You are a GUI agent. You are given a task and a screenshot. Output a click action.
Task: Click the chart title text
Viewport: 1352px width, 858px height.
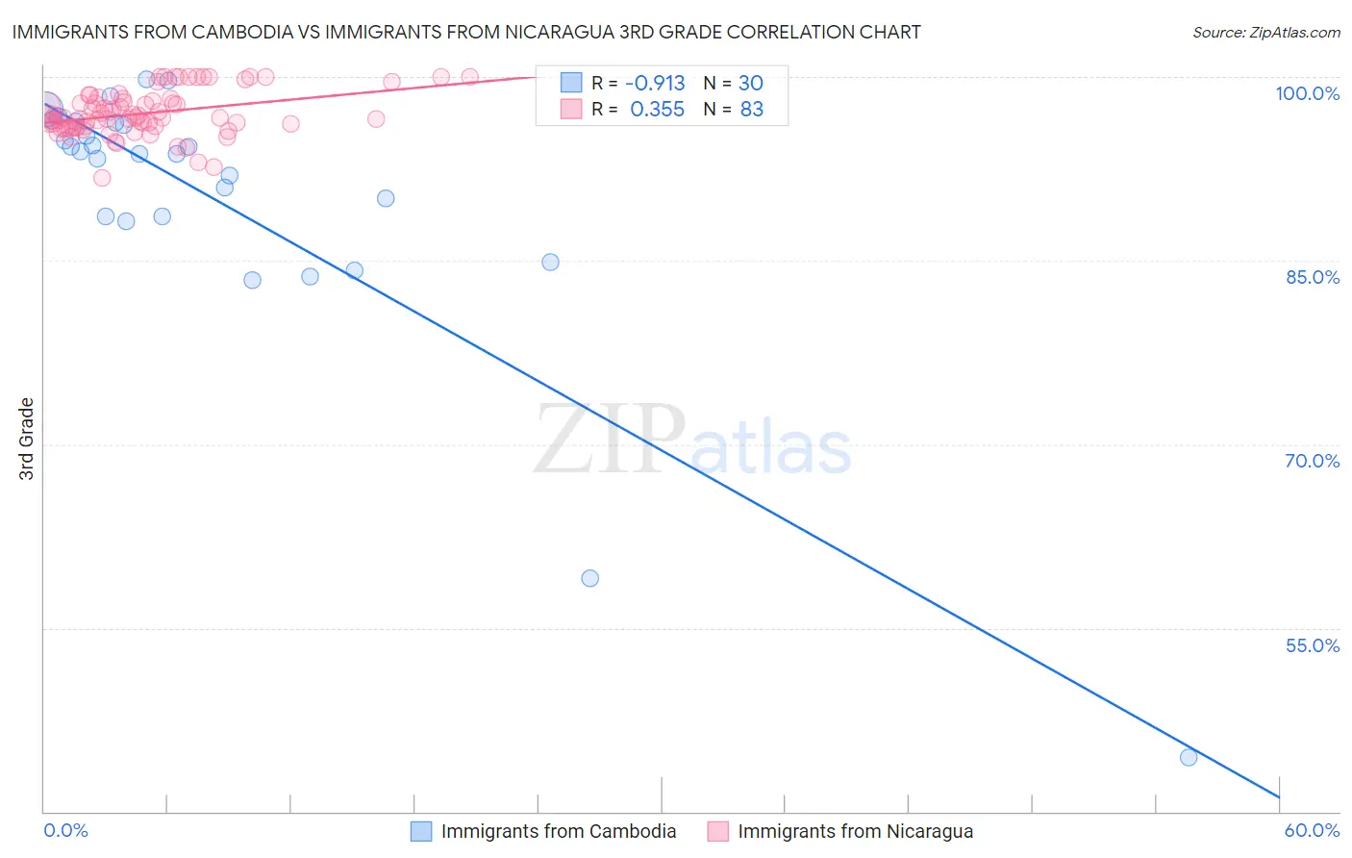466,32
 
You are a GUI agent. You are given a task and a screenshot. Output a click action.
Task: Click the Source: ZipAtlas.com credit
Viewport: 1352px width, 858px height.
1265,32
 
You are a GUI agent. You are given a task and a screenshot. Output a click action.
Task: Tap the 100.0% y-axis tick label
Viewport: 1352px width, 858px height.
1307,93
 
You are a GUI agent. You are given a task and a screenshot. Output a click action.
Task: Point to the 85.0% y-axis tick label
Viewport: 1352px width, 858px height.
1312,277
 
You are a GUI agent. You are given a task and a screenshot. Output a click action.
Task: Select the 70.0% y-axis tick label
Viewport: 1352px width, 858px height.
1312,461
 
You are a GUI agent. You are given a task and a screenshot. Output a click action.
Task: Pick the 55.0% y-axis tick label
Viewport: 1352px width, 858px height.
1312,645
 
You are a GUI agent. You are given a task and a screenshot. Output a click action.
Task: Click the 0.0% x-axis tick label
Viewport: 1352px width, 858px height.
65,830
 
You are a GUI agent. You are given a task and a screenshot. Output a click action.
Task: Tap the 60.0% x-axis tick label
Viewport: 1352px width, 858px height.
1312,830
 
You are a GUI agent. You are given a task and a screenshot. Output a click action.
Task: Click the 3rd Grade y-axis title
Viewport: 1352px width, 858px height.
27,439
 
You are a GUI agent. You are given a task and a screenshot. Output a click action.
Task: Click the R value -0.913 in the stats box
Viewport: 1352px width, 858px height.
655,83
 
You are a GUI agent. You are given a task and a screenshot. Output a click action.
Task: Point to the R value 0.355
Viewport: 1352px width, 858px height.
657,110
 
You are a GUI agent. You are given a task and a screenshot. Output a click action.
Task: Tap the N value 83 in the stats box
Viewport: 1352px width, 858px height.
751,110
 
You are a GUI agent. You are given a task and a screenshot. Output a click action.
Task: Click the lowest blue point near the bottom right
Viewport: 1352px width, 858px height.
1189,757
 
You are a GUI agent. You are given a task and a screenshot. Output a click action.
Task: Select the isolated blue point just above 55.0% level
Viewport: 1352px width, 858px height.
590,578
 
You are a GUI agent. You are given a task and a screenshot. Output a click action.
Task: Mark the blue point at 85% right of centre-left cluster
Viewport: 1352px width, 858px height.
550,262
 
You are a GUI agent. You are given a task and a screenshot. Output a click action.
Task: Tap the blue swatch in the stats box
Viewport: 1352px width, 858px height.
571,83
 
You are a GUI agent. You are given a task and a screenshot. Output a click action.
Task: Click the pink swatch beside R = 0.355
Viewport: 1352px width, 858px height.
571,110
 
